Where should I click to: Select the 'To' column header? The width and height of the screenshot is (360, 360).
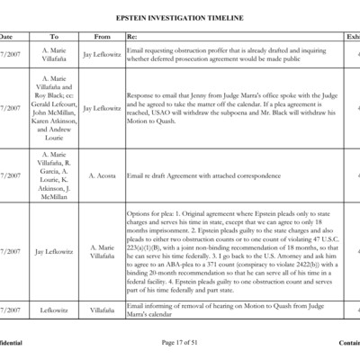54,37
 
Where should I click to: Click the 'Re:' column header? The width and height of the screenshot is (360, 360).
132,37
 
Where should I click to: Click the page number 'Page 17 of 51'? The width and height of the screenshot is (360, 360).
180,343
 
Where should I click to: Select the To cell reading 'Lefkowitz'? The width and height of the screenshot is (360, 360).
54,310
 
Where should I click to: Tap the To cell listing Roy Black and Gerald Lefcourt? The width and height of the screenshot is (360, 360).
54,108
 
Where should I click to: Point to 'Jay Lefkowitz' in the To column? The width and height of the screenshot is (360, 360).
54,252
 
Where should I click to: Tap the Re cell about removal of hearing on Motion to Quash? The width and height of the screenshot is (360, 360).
229,310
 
